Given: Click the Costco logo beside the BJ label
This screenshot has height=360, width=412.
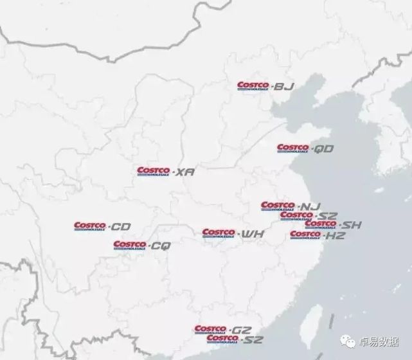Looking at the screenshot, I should click(253, 85).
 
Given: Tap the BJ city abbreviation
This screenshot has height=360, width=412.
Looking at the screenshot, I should click(283, 86).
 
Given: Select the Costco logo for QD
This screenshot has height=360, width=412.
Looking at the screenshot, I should click(292, 148).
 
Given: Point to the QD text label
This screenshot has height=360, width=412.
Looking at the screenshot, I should click(323, 149).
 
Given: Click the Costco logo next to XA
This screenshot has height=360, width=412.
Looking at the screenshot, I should click(153, 172).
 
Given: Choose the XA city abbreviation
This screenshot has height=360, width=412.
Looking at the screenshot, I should click(184, 172).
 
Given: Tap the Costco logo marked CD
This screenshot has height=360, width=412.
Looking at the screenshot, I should click(89, 226).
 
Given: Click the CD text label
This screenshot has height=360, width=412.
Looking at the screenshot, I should click(120, 227).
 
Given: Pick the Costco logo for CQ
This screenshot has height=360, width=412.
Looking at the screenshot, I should click(129, 245).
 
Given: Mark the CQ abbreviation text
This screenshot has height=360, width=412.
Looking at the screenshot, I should click(160, 246).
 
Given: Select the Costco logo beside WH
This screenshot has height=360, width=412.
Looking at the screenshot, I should click(218, 233).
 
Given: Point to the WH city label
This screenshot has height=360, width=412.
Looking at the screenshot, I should click(248, 233).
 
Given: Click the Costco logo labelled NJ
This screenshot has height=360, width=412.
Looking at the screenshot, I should click(276, 206).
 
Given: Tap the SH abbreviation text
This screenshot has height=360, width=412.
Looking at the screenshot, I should click(350, 225).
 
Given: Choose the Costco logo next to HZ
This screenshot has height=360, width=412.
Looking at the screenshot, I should click(305, 235).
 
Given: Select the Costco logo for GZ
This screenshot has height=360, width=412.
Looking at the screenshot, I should click(210, 330).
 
